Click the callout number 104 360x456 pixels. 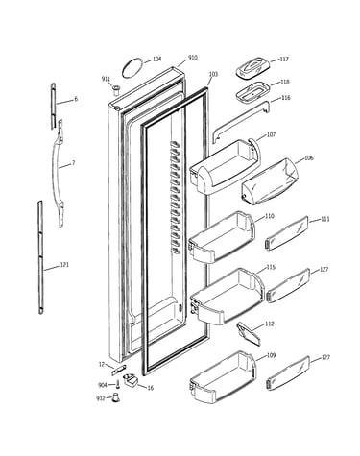pyautogui.click(x=156, y=60)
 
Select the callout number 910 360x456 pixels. pyautogui.click(x=193, y=58)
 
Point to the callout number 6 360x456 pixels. pyautogui.click(x=76, y=99)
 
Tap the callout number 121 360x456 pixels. pyautogui.click(x=64, y=265)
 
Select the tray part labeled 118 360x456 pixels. pyautogui.click(x=252, y=91)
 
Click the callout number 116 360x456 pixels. pyautogui.click(x=286, y=98)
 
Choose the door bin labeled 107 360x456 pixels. pyautogui.click(x=225, y=167)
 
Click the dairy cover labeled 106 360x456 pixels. pyautogui.click(x=270, y=181)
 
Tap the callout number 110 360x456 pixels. pyautogui.click(x=270, y=216)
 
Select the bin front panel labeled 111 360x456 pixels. pyautogui.click(x=287, y=233)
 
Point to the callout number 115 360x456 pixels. pyautogui.click(x=271, y=268)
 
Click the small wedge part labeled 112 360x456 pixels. pyautogui.click(x=249, y=334)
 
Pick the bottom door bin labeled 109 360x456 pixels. pyautogui.click(x=223, y=377)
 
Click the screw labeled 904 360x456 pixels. pyautogui.click(x=118, y=384)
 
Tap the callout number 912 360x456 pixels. pyautogui.click(x=101, y=398)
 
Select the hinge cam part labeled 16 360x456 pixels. pyautogui.click(x=131, y=380)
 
